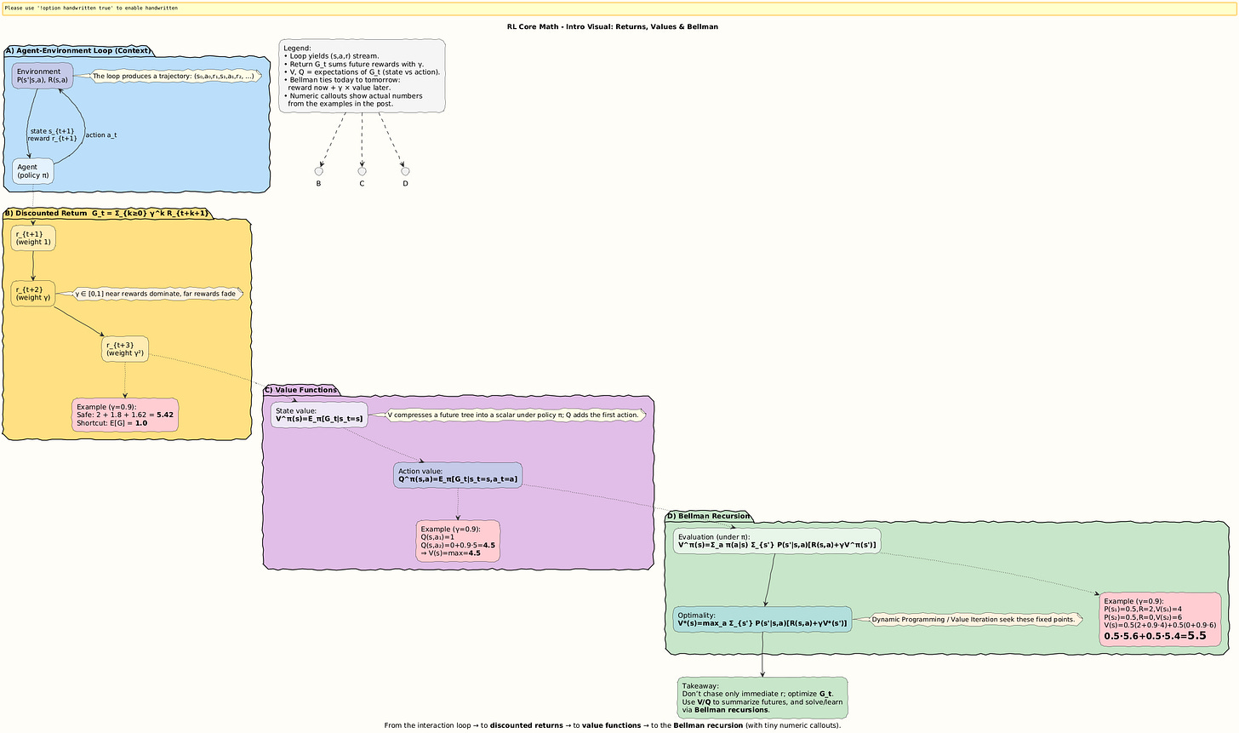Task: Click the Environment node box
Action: point(42,76)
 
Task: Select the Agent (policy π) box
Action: point(33,171)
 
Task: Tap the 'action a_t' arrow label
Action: point(100,135)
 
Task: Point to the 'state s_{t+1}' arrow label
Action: point(52,131)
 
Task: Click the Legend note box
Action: point(362,76)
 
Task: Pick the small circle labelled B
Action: point(318,171)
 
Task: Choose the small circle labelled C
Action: point(362,171)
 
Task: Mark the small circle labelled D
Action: point(405,171)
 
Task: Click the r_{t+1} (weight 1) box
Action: point(33,238)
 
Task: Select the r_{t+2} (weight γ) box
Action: point(33,294)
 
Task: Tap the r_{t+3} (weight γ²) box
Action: point(124,349)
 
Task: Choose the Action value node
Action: point(458,475)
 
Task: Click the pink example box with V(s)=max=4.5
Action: point(458,541)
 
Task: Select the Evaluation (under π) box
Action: point(776,541)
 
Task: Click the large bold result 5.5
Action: point(1196,635)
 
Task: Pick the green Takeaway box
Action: point(762,697)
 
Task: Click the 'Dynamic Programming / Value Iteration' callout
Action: point(973,619)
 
